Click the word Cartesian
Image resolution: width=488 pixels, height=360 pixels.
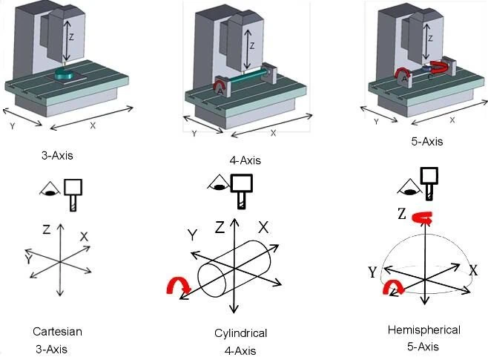pos(57,331)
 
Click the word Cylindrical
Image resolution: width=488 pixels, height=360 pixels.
pos(235,333)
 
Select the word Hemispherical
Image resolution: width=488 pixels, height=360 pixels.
pos(423,330)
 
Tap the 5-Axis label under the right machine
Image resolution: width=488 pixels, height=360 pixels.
pos(426,141)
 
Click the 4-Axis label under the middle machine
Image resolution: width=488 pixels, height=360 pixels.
pos(246,160)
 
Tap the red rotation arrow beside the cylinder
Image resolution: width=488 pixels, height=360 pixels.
pos(179,285)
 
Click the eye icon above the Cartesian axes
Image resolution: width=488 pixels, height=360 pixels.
pos(50,190)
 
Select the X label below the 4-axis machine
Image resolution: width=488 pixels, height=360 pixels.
pos(273,133)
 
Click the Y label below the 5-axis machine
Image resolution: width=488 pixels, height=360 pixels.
pos(376,121)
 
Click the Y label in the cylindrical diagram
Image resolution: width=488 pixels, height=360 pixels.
pos(192,235)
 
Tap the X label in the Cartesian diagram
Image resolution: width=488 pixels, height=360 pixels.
pos(84,237)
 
